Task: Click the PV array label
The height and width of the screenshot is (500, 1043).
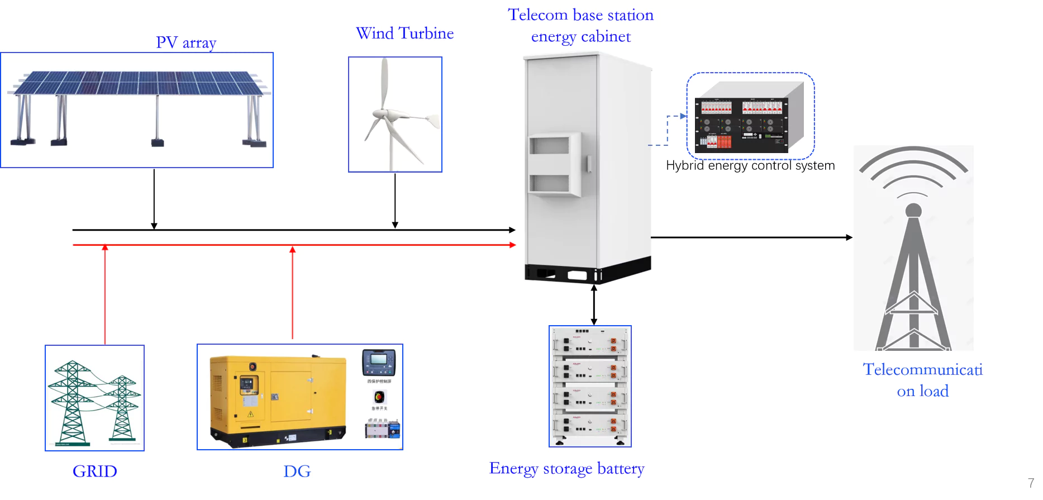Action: [186, 42]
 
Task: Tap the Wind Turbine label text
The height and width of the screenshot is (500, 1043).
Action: [404, 34]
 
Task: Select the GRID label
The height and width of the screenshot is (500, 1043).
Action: [94, 471]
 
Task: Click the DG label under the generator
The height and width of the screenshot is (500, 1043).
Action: [297, 471]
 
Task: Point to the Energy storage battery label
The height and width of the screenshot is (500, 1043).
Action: [566, 468]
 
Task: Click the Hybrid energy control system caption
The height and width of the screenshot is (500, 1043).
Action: [750, 165]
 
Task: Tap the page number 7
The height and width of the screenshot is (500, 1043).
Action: [1031, 483]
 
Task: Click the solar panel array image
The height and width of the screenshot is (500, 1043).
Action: [137, 106]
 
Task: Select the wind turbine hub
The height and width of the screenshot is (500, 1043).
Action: [381, 115]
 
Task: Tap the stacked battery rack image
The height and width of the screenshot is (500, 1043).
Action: [590, 386]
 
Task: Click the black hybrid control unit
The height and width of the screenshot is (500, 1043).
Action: [741, 125]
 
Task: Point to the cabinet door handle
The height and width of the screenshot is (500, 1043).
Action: [589, 164]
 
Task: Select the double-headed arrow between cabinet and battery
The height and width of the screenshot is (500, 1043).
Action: [594, 305]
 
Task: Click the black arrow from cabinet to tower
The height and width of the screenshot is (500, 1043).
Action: [751, 237]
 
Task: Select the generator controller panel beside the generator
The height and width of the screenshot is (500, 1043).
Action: [379, 362]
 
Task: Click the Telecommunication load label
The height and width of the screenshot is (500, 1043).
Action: [922, 380]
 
